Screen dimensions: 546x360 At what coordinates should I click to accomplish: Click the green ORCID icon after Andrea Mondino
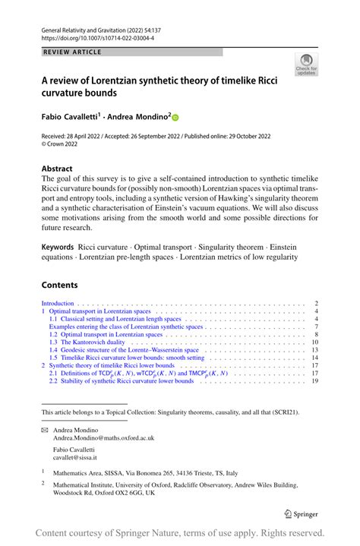click(175, 118)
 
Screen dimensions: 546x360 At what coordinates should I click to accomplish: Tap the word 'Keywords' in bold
click(58, 226)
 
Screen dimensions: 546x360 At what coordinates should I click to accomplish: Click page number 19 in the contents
click(313, 381)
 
